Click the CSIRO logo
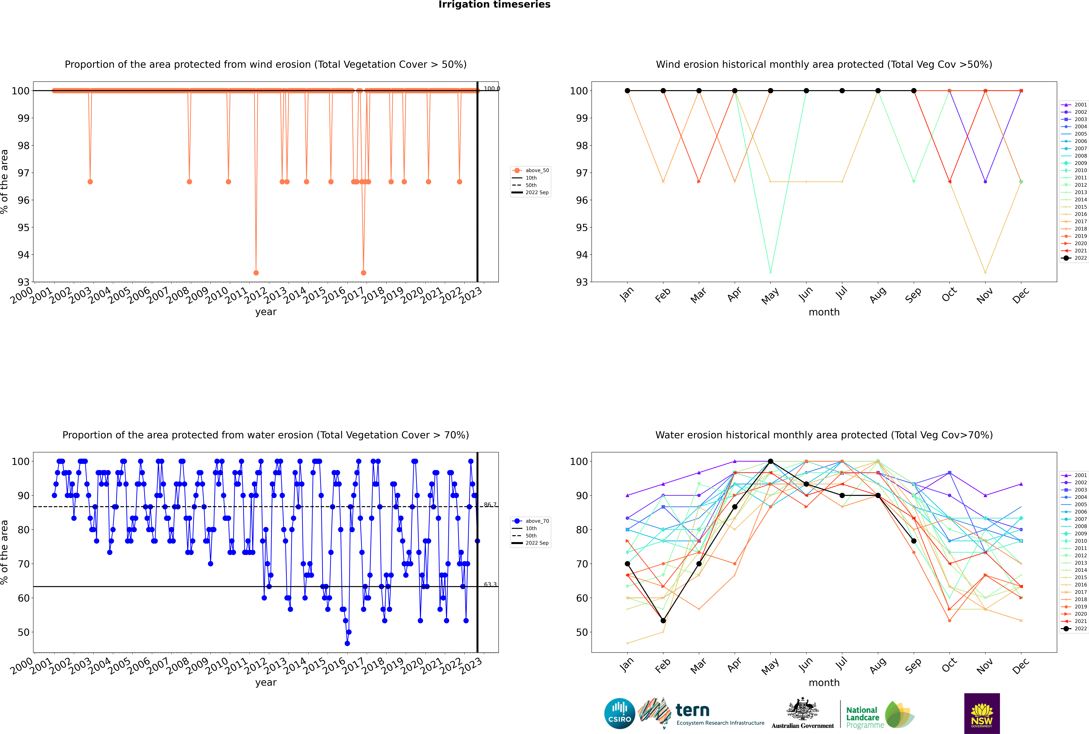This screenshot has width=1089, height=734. pos(619,713)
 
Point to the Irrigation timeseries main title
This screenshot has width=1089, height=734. pos(494,5)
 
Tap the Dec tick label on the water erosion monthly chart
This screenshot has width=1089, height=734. pos(1021,666)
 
